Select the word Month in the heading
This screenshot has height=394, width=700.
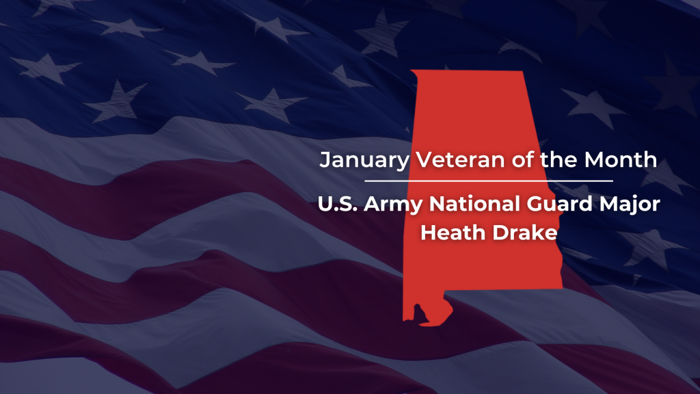(621, 159)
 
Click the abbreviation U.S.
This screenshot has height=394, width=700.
(337, 204)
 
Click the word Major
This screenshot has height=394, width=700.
(630, 205)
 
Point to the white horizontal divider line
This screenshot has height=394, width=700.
(488, 181)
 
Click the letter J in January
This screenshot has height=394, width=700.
(325, 160)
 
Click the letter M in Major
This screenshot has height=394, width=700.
(608, 204)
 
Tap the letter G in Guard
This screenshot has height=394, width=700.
(535, 204)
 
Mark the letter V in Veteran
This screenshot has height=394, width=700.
(424, 160)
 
